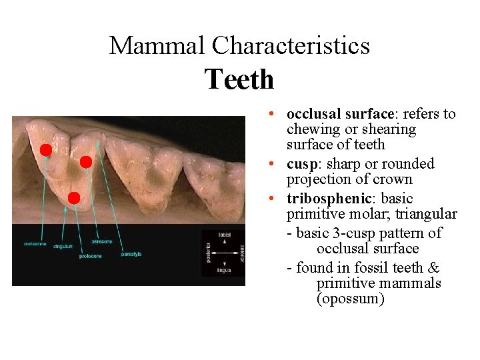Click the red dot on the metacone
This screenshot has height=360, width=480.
pos(45,150)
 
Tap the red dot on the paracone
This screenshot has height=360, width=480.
pos(85,162)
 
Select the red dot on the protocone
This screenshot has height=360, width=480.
pos(74,198)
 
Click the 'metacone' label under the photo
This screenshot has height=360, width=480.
pos(35,244)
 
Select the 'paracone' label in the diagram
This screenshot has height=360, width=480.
pos(101,241)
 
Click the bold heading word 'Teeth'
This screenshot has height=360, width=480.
pos(239,79)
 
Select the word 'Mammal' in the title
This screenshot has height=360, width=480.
pos(158,45)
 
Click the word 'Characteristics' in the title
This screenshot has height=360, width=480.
pos(291,45)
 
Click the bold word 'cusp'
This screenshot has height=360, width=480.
pos(301,164)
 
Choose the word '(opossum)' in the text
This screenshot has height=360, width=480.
pos(350,299)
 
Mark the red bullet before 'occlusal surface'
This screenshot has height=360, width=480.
pos(277,115)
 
